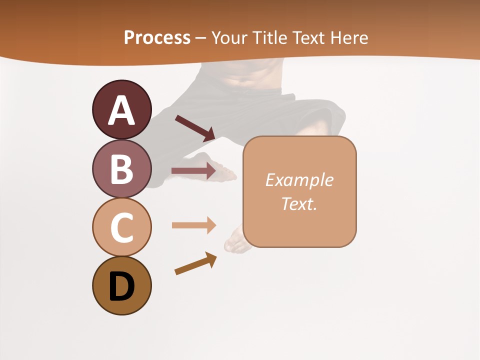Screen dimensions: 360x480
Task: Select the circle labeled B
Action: click(121, 169)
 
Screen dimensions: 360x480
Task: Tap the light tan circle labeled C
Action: click(121, 227)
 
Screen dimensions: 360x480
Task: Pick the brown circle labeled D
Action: click(121, 286)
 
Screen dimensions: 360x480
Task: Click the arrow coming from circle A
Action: click(195, 128)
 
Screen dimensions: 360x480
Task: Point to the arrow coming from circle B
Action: click(193, 171)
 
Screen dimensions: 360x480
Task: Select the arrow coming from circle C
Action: click(193, 225)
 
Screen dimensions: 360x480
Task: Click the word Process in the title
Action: click(157, 37)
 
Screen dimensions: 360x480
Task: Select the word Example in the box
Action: click(299, 180)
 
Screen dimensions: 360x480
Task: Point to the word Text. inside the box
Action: click(299, 203)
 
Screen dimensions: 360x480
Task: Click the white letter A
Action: click(121, 110)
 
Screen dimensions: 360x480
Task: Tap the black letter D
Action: click(121, 287)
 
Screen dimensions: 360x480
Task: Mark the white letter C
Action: click(121, 228)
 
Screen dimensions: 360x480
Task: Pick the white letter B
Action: click(121, 169)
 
